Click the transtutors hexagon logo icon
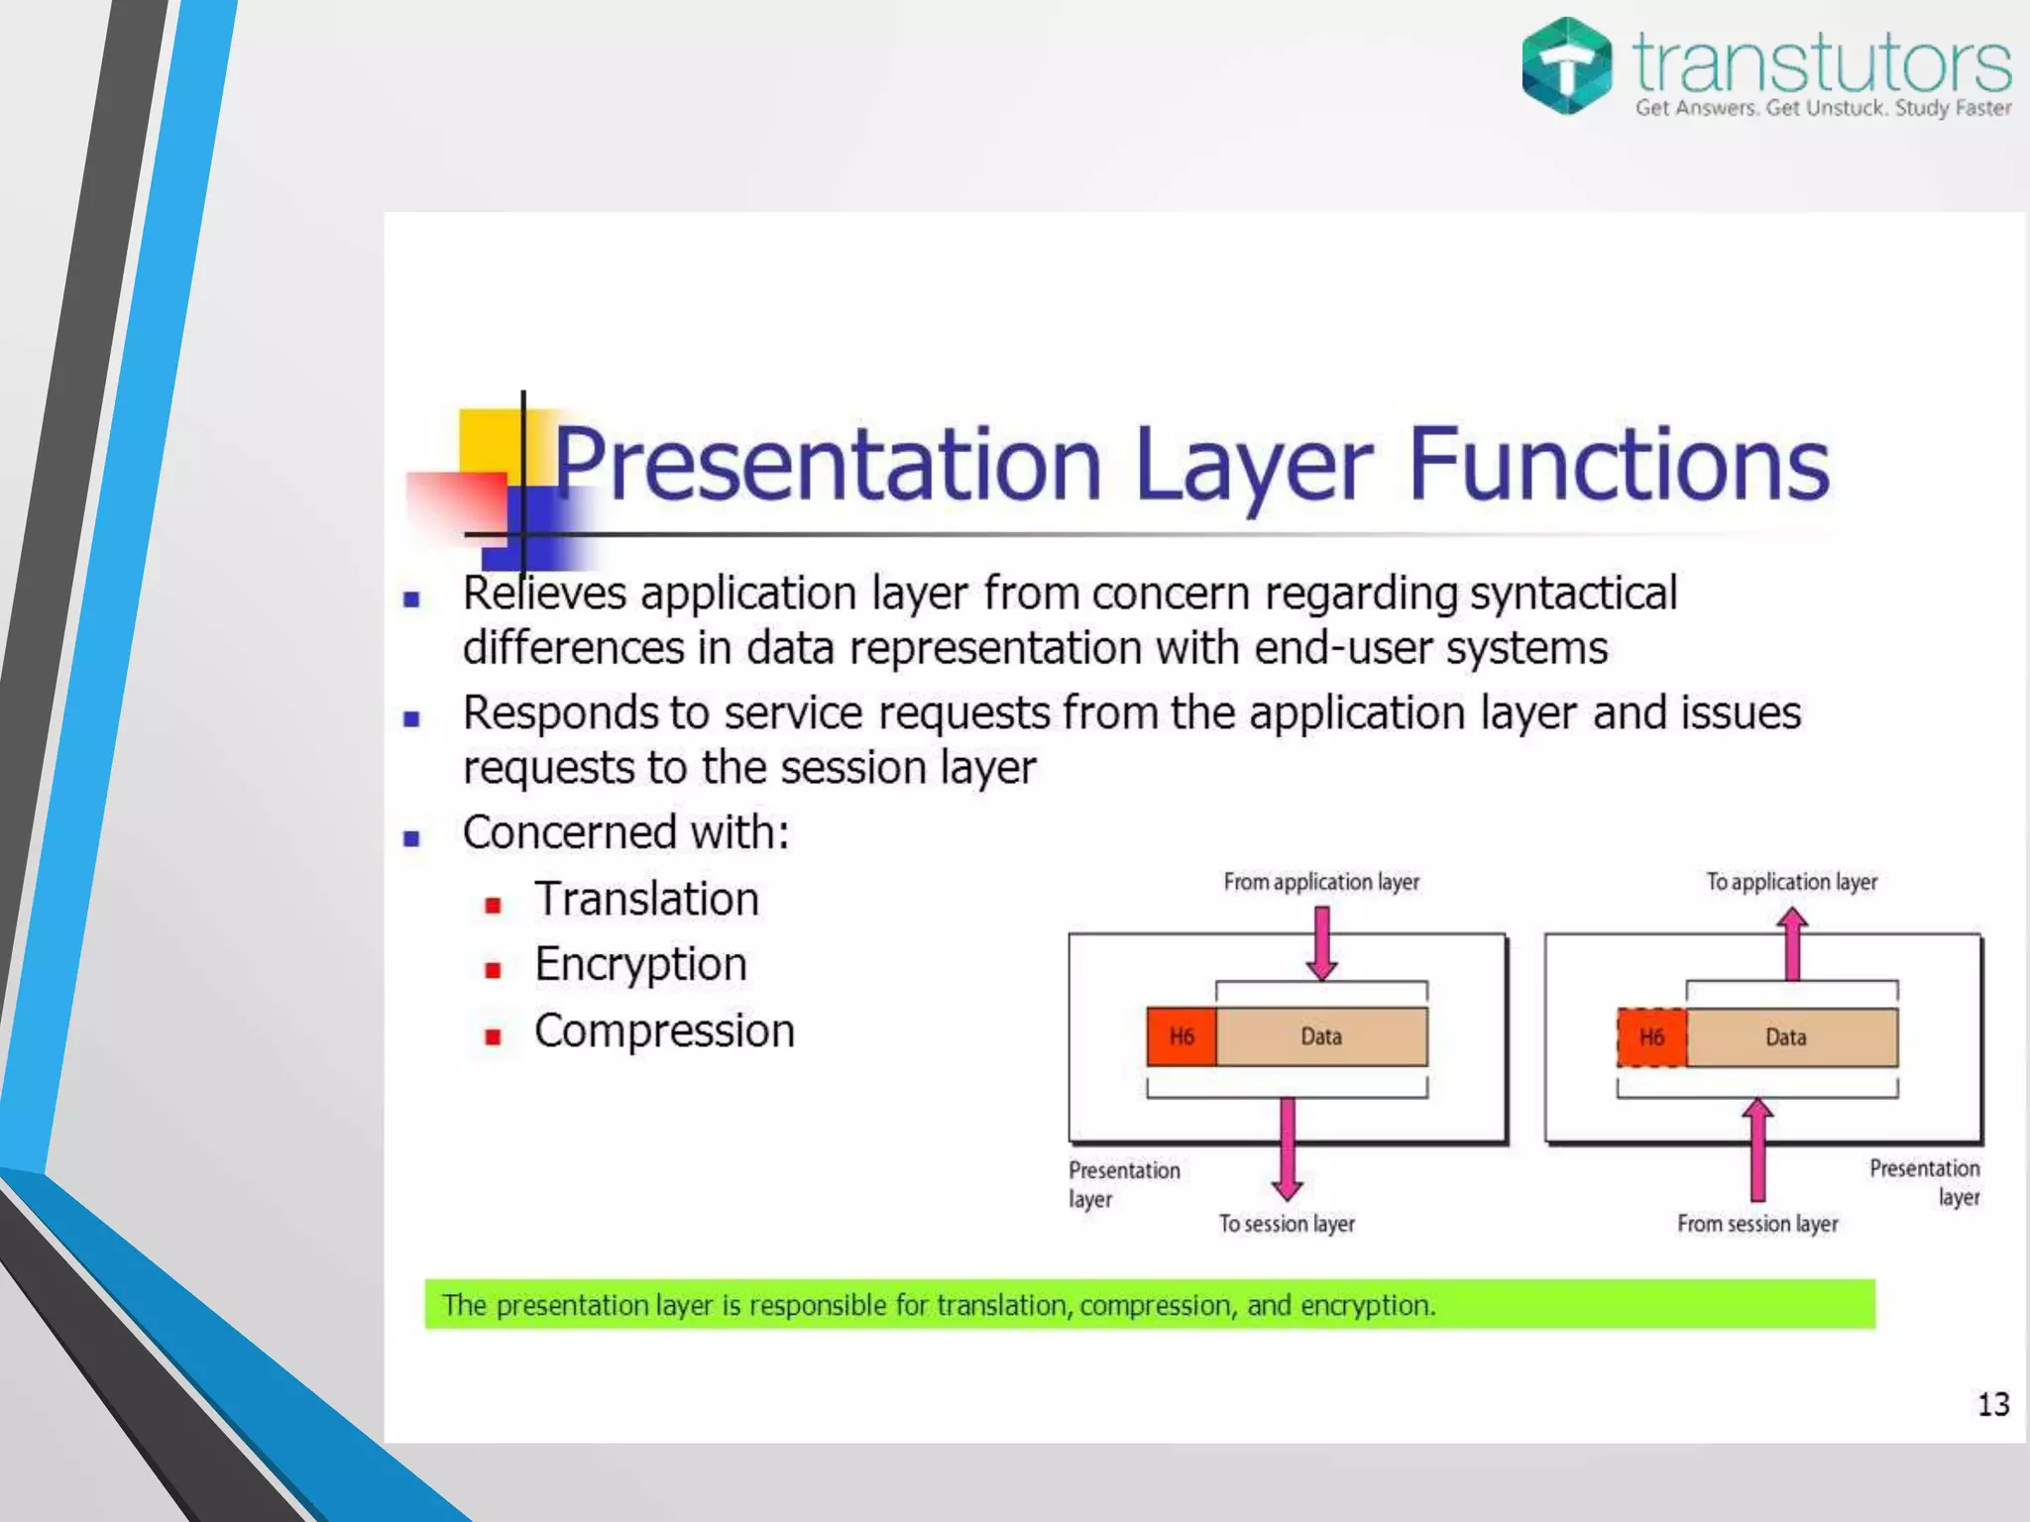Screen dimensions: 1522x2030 [1566, 65]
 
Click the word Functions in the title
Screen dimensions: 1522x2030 [1618, 464]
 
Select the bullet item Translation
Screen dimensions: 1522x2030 [646, 900]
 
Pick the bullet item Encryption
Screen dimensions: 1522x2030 [640, 965]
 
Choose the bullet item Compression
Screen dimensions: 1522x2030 [664, 1032]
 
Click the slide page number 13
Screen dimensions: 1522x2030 [1992, 1404]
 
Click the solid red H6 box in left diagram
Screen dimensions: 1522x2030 [1182, 1036]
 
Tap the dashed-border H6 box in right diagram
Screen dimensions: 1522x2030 [1651, 1037]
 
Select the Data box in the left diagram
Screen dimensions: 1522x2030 [1321, 1036]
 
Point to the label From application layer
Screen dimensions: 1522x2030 [1320, 882]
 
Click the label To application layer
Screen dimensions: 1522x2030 [1791, 882]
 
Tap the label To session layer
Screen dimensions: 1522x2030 [1287, 1224]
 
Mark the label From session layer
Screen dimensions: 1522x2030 [1757, 1224]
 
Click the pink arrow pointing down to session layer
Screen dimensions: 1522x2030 [1287, 1149]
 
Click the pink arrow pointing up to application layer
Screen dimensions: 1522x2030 [1792, 945]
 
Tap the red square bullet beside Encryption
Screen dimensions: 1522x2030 [493, 970]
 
